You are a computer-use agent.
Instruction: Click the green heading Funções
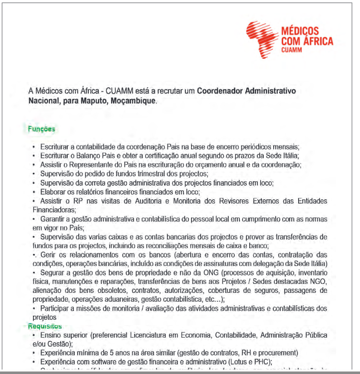tap(42, 129)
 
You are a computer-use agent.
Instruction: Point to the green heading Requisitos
tap(44, 326)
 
